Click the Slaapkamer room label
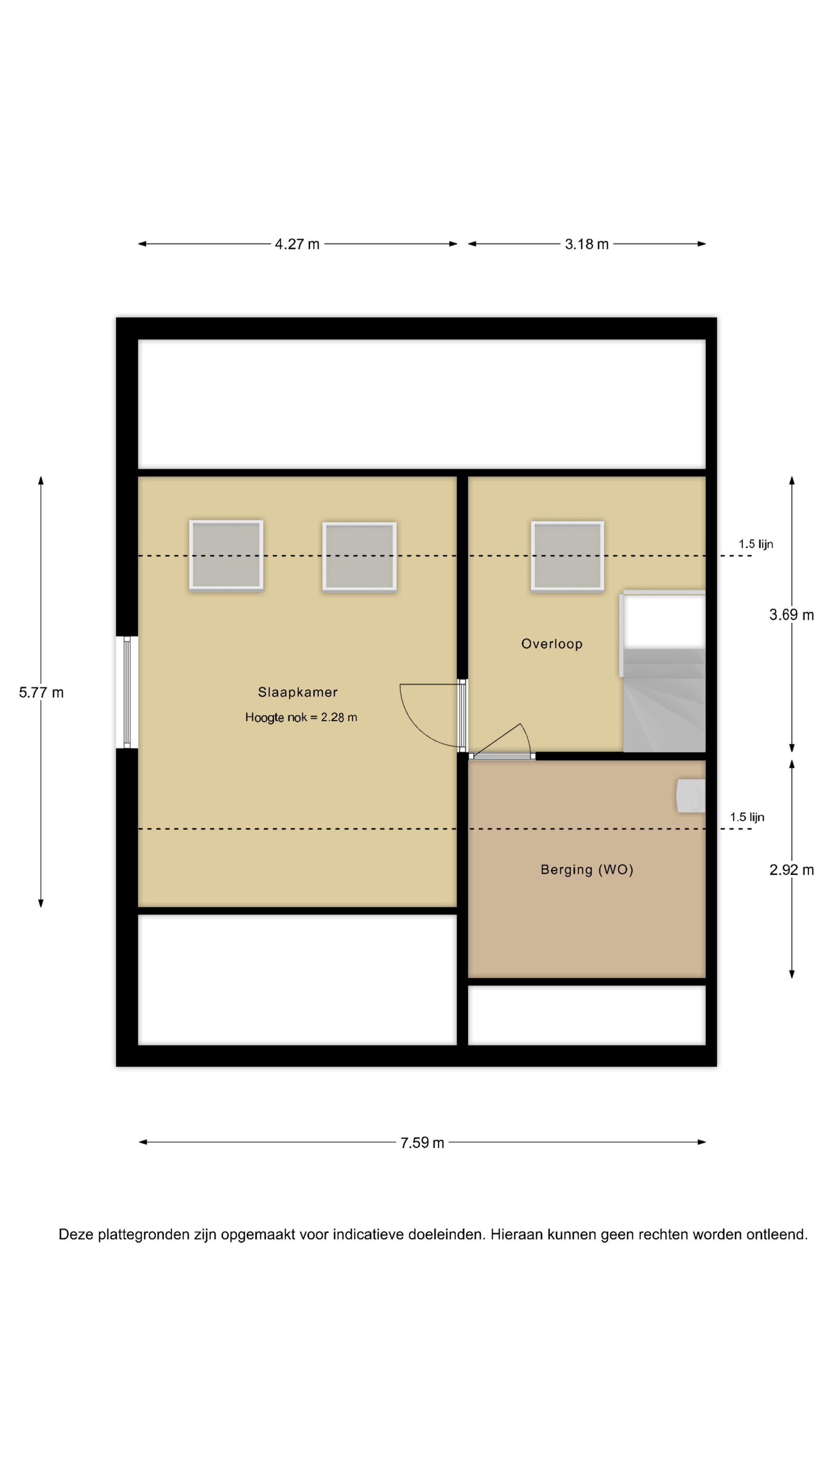(297, 692)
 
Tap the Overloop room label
(552, 644)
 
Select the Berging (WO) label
(587, 870)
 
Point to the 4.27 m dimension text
(297, 244)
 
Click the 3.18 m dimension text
(586, 244)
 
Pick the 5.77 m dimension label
(41, 693)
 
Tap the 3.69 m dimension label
(792, 615)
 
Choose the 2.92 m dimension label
(792, 871)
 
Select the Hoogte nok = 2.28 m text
(301, 717)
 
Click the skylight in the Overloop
(567, 556)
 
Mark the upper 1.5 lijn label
(756, 544)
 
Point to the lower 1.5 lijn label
(747, 817)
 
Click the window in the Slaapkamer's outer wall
(127, 692)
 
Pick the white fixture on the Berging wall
(691, 796)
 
